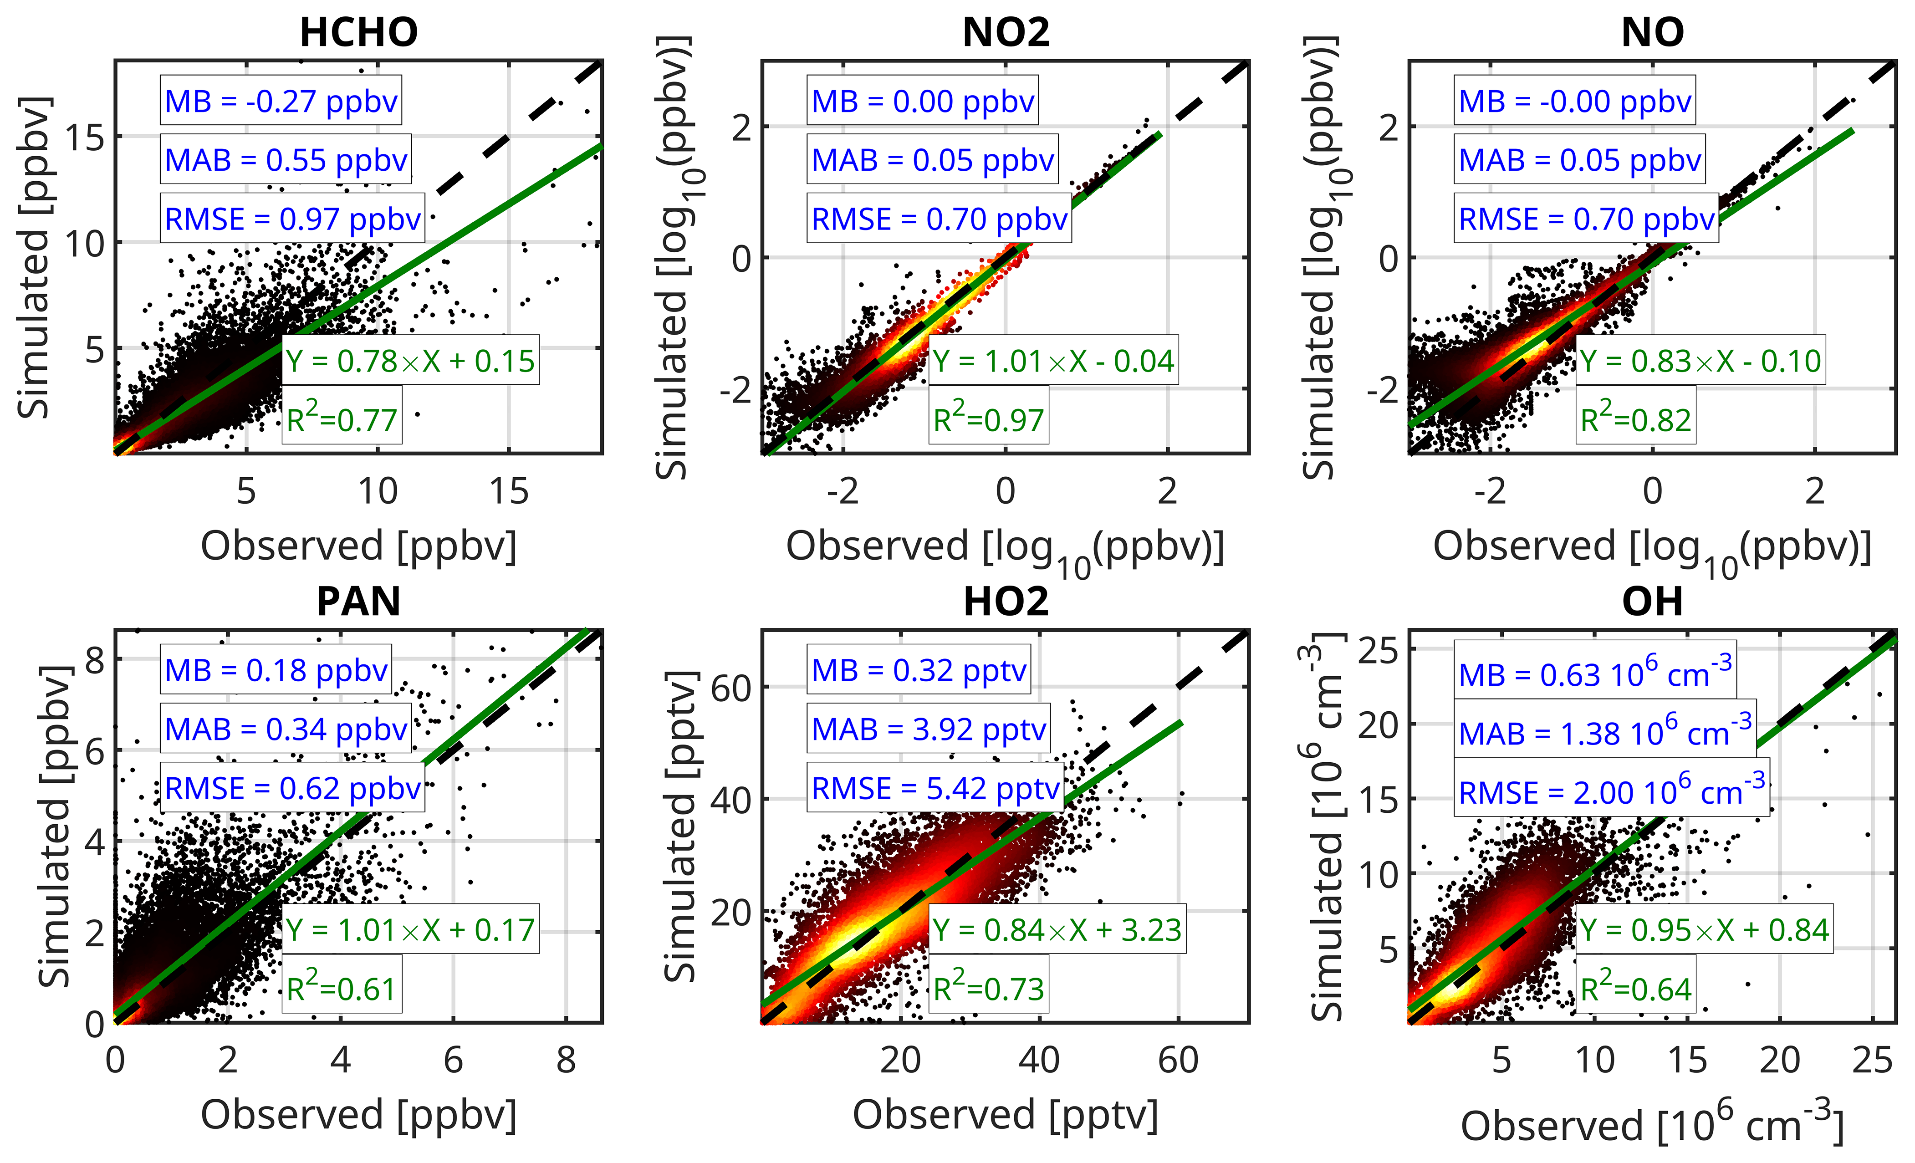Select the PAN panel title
[358, 602]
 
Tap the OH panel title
[1652, 602]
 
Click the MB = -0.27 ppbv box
[281, 101]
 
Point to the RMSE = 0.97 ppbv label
[292, 219]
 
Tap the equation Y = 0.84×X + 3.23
[1057, 930]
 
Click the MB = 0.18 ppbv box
[276, 670]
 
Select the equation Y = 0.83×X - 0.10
[1701, 361]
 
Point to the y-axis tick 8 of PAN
[95, 659]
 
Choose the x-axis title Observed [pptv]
[1005, 1115]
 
